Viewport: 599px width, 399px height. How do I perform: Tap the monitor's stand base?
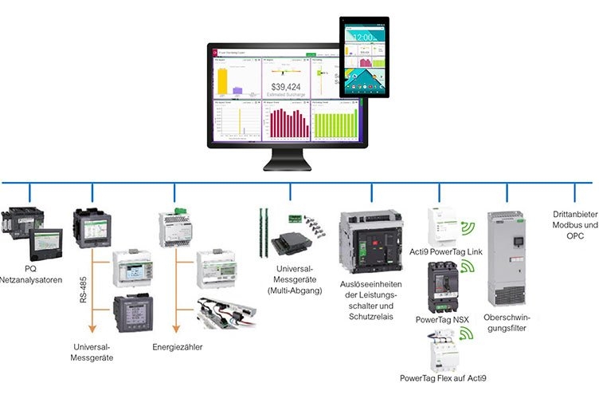coord(288,165)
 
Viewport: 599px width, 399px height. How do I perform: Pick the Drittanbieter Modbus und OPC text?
coord(574,226)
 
